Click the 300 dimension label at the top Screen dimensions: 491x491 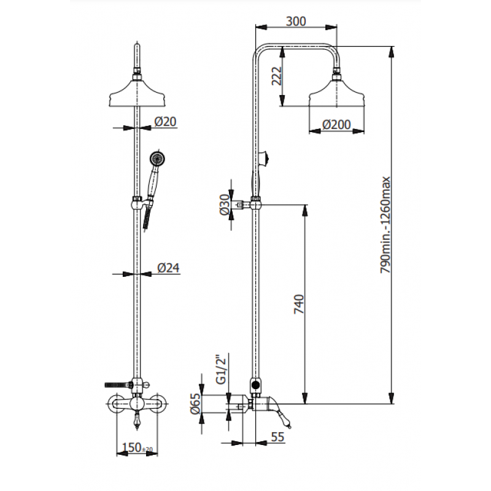[296, 21]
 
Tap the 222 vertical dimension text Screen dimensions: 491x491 [277, 75]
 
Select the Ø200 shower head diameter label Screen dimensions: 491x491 [336, 125]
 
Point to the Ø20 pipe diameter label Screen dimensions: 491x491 [165, 122]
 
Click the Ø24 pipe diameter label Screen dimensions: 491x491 [168, 268]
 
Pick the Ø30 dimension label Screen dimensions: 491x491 [225, 205]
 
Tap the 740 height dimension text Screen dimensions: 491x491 [299, 304]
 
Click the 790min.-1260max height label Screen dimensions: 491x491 [385, 225]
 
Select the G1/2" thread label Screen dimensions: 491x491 [221, 369]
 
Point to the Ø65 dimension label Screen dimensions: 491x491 [195, 404]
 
